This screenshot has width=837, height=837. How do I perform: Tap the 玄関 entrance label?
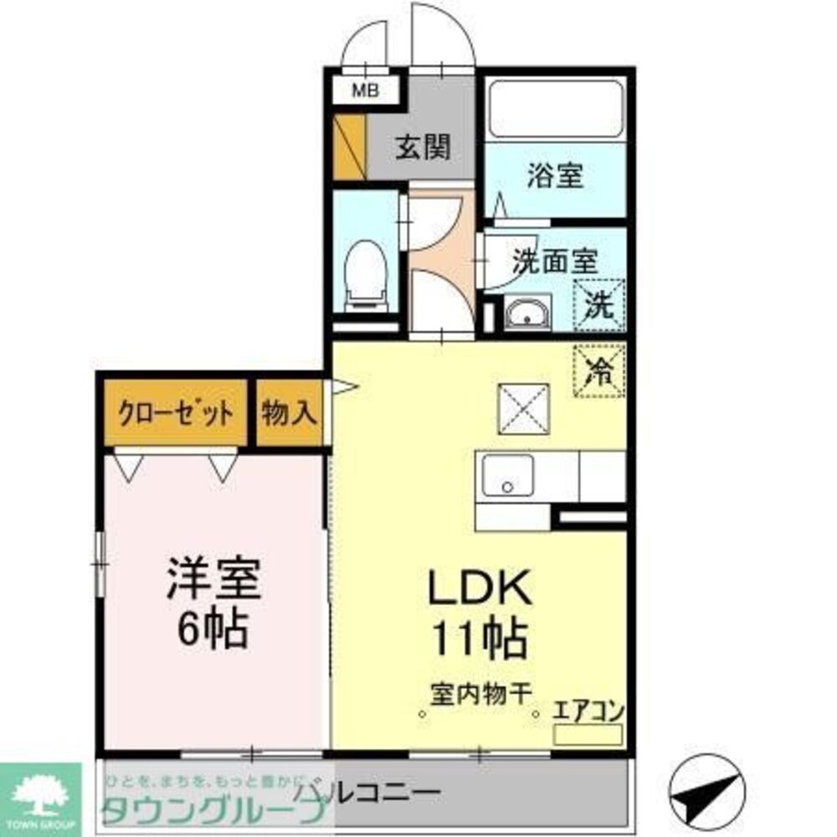tap(423, 147)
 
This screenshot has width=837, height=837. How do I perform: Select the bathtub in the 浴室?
tap(555, 108)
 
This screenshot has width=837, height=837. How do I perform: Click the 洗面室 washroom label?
tap(555, 260)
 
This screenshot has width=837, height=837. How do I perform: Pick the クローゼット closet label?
tap(175, 413)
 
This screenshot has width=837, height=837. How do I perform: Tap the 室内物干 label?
tap(480, 694)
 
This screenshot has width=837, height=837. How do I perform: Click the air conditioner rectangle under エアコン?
tap(588, 735)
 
